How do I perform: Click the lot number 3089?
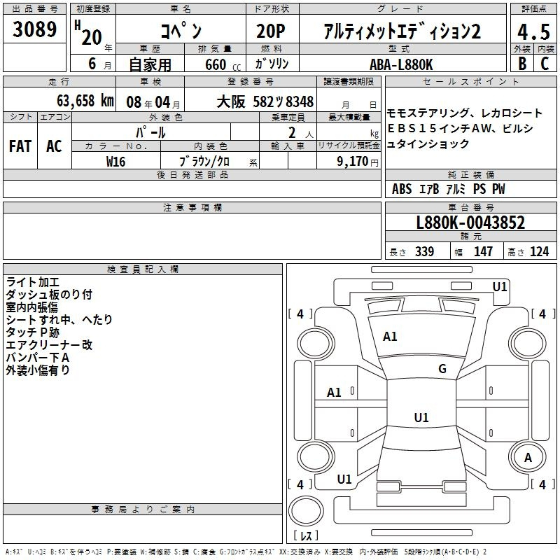pyautogui.click(x=34, y=29)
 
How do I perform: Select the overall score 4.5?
pyautogui.click(x=533, y=31)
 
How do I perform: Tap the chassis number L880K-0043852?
pyautogui.click(x=470, y=223)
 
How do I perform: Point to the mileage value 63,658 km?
pyautogui.click(x=85, y=101)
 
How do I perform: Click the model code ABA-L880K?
pyautogui.click(x=401, y=64)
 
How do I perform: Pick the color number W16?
pyautogui.click(x=115, y=162)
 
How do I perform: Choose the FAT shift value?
pyautogui.click(x=20, y=146)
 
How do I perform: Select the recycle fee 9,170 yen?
pyautogui.click(x=358, y=162)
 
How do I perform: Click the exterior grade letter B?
pyautogui.click(x=522, y=64)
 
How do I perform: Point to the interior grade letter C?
pyautogui.click(x=545, y=64)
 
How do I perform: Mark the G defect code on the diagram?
pyautogui.click(x=442, y=369)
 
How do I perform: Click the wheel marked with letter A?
pyautogui.click(x=527, y=458)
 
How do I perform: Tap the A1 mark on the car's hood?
pyautogui.click(x=390, y=337)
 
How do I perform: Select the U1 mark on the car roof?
pyautogui.click(x=421, y=417)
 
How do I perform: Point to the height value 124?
pyautogui.click(x=539, y=252)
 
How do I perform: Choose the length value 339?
pyautogui.click(x=424, y=252)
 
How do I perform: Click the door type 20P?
pyautogui.click(x=271, y=31)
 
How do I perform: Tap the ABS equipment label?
pyautogui.click(x=402, y=189)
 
